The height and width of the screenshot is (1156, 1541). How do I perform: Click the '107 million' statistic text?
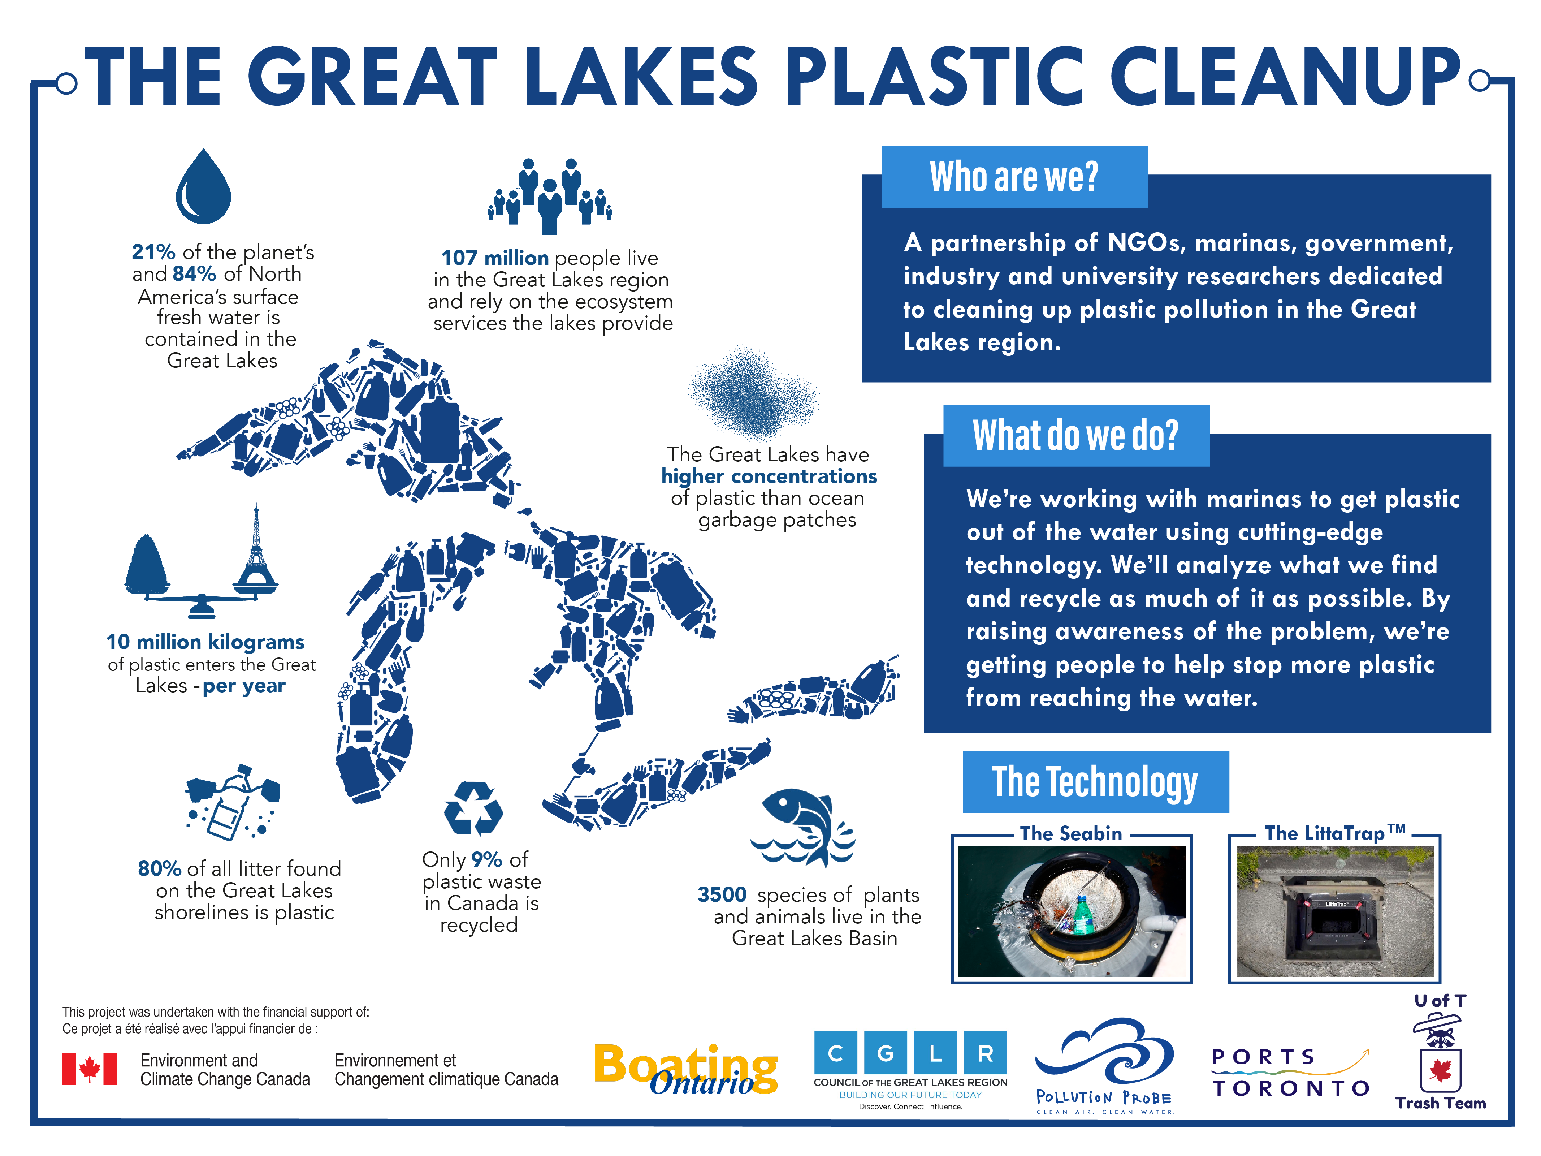[495, 258]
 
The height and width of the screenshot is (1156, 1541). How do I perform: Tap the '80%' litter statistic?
[160, 868]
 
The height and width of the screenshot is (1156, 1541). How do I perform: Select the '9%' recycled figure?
[486, 859]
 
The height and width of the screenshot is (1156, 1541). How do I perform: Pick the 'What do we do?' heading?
[1075, 436]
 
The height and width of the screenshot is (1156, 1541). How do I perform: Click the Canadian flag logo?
[90, 1069]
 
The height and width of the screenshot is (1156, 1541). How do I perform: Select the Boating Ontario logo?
[685, 1070]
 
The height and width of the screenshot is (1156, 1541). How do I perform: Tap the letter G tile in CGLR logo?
[886, 1053]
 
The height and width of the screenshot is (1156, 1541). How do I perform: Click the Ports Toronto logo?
[1291, 1073]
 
